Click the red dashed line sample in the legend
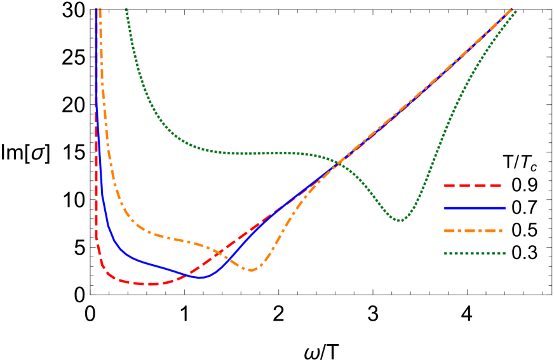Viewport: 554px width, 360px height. (473, 186)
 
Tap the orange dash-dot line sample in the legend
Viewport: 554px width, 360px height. (473, 230)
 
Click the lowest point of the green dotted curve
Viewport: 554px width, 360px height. (400, 220)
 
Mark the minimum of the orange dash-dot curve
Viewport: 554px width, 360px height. (252, 270)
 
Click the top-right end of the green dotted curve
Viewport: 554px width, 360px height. (515, 11)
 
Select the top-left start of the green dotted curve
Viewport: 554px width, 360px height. (126, 10)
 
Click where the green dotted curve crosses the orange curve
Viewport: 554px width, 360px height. (341, 161)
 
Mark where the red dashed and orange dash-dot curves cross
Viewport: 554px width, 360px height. (219, 253)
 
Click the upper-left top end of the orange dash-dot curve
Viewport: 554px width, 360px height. (100, 10)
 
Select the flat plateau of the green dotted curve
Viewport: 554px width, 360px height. (260, 153)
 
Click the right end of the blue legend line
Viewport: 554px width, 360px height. (505, 208)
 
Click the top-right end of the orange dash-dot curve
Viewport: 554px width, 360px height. (511, 9)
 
